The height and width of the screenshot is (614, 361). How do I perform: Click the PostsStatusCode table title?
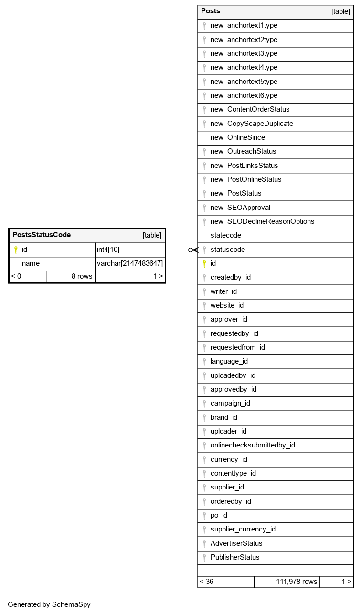[x=42, y=235]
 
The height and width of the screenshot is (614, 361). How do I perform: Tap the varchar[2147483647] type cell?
[x=130, y=263]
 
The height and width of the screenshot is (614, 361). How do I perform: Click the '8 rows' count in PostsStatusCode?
[x=82, y=276]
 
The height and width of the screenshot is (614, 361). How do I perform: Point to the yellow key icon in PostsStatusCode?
[x=15, y=249]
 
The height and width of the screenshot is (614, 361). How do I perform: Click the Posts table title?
[x=211, y=11]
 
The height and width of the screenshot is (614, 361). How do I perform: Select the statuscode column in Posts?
[x=227, y=249]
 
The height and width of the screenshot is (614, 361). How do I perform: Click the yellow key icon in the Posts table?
[x=204, y=263]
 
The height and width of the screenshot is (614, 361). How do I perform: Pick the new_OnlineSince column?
[x=237, y=137]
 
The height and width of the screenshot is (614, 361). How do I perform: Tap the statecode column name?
[x=225, y=235]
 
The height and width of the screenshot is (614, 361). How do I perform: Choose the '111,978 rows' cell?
[x=296, y=582]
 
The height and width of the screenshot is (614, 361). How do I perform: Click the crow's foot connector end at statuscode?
[x=194, y=250]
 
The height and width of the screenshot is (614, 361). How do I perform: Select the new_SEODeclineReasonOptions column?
[x=262, y=221]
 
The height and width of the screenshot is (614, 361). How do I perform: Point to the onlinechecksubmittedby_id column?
[x=253, y=445]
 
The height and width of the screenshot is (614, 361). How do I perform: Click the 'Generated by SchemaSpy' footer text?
[x=49, y=604]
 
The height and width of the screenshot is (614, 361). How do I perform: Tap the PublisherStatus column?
[x=235, y=557]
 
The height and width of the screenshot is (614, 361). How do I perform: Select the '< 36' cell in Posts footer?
[x=207, y=582]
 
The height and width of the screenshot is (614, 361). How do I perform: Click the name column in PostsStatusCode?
[x=31, y=263]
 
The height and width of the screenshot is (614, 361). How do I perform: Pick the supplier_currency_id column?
[x=243, y=529]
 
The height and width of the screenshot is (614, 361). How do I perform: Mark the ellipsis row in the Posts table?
[x=202, y=571]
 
